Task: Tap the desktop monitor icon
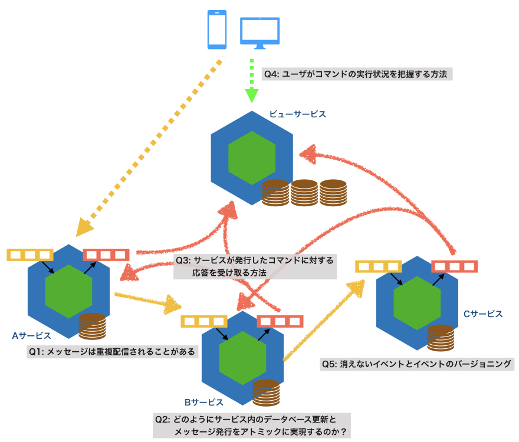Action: coord(259,32)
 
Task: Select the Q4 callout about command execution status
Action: coord(357,75)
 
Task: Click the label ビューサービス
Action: coord(297,114)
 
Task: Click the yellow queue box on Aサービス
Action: coord(30,255)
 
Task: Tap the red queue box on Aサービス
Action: coord(106,255)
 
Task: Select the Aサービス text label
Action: coord(31,335)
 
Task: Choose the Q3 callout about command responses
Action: coord(255,266)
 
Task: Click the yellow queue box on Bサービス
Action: coord(204,321)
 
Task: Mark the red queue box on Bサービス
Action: coord(280,321)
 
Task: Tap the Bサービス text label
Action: coord(203,403)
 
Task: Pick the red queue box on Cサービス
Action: coord(454,266)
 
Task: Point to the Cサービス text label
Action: coord(482,314)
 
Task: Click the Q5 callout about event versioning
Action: coord(416,364)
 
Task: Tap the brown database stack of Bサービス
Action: coord(265,392)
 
